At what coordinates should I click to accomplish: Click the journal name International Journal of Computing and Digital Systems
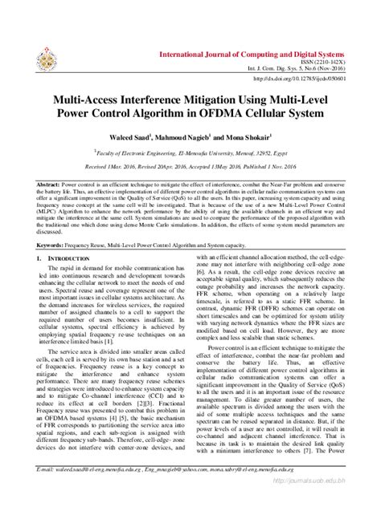pos(260,53)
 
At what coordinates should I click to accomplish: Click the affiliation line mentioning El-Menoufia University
pos(190,148)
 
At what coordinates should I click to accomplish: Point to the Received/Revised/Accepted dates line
pos(190,160)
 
